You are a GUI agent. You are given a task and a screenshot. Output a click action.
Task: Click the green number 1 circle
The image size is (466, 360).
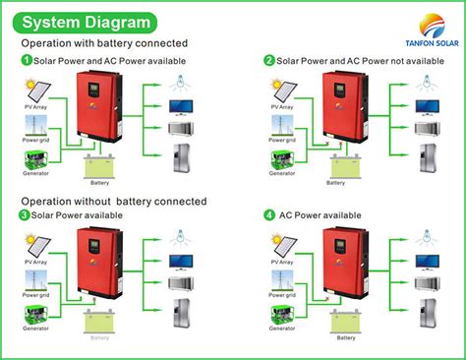(27, 61)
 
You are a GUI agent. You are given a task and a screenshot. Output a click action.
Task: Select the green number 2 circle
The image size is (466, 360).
(269, 61)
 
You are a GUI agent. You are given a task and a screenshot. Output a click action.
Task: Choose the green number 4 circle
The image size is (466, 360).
(269, 215)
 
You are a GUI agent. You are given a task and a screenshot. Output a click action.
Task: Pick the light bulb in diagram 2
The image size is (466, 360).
(426, 84)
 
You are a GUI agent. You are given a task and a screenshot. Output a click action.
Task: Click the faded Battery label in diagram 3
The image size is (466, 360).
(100, 337)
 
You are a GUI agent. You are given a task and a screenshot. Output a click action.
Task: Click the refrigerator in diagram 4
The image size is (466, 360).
(426, 315)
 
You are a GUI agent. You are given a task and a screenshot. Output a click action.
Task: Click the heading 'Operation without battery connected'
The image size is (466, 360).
(114, 201)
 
